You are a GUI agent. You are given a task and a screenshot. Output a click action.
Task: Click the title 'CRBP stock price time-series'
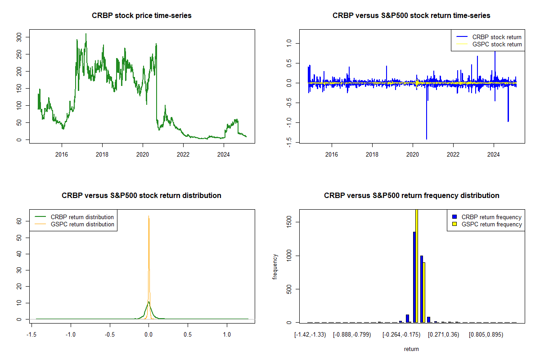click(x=142, y=16)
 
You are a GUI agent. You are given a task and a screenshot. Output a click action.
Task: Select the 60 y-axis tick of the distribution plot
click(x=19, y=221)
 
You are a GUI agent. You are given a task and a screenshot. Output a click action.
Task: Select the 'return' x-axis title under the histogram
click(x=411, y=349)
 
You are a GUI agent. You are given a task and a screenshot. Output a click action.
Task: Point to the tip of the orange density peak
click(x=148, y=216)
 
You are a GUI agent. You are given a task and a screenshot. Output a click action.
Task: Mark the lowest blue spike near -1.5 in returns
click(x=426, y=139)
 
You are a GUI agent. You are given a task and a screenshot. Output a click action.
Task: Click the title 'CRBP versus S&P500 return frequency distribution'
click(x=411, y=196)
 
